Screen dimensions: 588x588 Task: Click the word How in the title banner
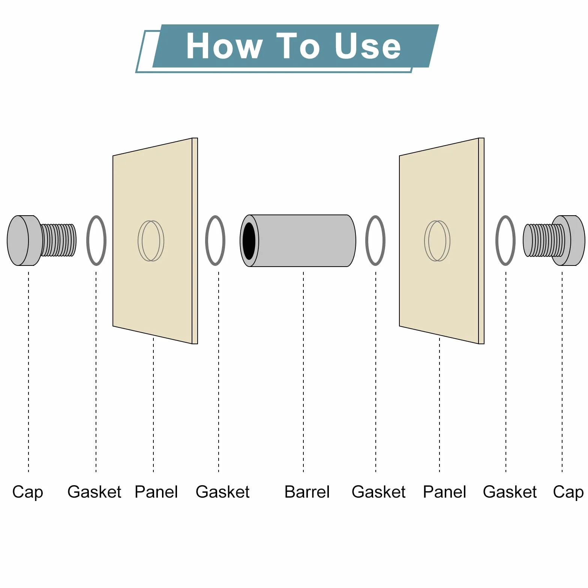[x=224, y=46]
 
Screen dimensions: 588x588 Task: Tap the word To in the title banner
[x=298, y=46]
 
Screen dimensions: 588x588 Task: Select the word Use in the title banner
[x=367, y=46]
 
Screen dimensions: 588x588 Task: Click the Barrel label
[x=307, y=492]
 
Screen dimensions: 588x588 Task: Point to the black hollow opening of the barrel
[x=249, y=241]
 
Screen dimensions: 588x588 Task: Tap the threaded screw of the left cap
[x=58, y=240]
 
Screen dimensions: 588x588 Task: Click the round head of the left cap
[x=24, y=240]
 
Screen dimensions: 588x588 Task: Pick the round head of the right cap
[x=568, y=240]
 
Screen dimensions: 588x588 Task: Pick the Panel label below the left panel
[x=156, y=492]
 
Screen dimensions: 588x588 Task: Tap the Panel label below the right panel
[x=444, y=492]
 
